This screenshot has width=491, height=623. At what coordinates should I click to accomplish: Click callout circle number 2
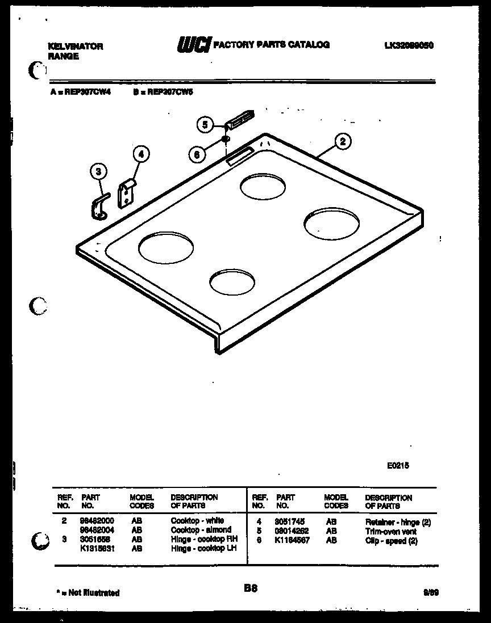pos(342,142)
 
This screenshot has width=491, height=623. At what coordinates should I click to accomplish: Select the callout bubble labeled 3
pos(98,171)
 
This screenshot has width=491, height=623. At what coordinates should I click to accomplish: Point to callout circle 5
pos(206,124)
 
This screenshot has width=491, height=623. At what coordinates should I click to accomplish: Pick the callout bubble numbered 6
pos(197,153)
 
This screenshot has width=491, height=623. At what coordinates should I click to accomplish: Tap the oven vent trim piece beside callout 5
pos(239,118)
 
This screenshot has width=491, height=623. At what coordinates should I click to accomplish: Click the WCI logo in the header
pos(194,45)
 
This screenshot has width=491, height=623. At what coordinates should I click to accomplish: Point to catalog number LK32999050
pos(409,45)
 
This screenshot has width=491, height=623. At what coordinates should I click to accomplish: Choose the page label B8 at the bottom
pos(251,589)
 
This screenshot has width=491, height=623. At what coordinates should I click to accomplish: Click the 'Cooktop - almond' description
pos(201,529)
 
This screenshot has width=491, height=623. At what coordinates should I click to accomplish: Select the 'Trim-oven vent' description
pos(391,532)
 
